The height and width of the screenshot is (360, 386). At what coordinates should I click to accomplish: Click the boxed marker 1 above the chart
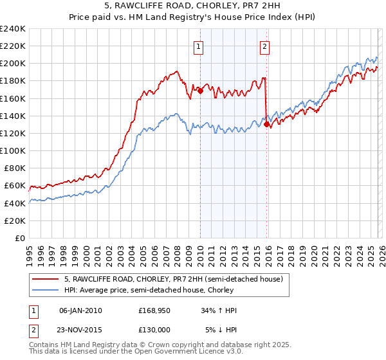pos(199,46)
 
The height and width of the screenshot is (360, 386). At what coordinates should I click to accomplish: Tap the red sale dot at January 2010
pos(200,91)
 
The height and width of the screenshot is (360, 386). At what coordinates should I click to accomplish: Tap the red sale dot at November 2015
pos(266,125)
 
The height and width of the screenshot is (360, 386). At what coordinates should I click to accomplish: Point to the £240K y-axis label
pos(13,29)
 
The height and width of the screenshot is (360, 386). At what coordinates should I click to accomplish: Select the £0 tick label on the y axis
pos(19,238)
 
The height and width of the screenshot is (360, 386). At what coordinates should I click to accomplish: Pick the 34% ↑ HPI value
pos(219,310)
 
